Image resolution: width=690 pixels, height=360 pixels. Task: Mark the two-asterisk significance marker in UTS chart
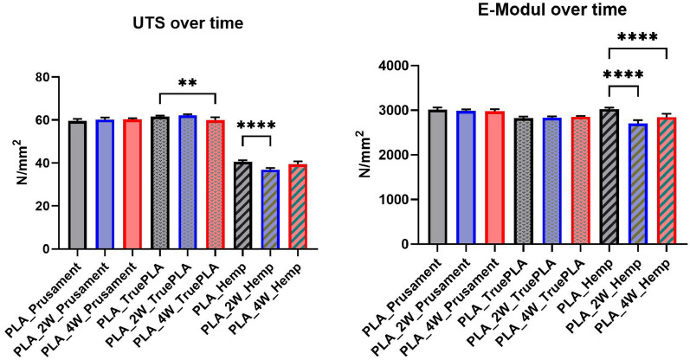[186, 84]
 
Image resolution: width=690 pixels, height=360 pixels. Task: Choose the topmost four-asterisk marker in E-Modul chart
[638, 37]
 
